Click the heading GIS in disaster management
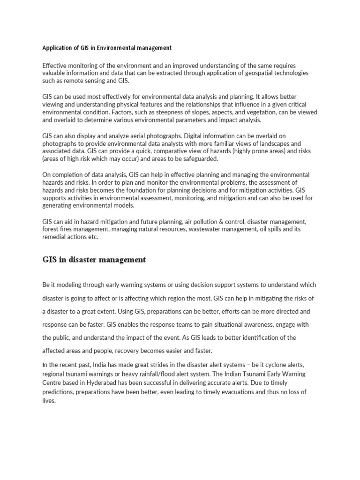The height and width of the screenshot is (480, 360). tap(94, 260)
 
